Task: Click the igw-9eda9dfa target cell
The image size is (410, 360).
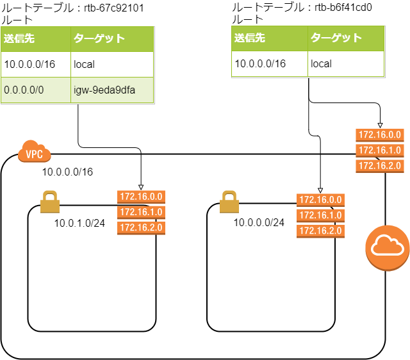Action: [x=111, y=90]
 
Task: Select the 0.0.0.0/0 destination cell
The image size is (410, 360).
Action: [x=36, y=90]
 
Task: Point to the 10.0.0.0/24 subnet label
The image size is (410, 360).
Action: [x=259, y=222]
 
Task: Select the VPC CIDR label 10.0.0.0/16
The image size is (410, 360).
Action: [x=67, y=172]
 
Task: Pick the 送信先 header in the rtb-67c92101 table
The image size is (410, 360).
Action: [x=36, y=39]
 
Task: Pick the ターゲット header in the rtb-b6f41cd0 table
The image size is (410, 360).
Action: [x=345, y=38]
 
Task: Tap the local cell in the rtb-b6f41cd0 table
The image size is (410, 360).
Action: [x=345, y=64]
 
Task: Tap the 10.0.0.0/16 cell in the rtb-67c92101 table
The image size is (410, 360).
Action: [x=36, y=64]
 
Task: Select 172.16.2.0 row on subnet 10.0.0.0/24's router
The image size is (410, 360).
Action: [x=321, y=231]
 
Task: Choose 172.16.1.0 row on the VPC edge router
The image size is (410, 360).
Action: [x=380, y=150]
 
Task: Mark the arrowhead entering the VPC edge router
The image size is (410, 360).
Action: [x=381, y=126]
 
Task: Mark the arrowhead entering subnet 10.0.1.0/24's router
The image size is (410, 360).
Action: [x=141, y=186]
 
